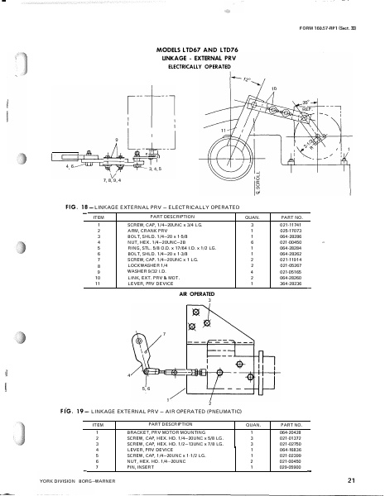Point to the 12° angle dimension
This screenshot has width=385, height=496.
(246, 79)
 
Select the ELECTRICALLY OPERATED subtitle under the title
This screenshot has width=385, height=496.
(192, 67)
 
